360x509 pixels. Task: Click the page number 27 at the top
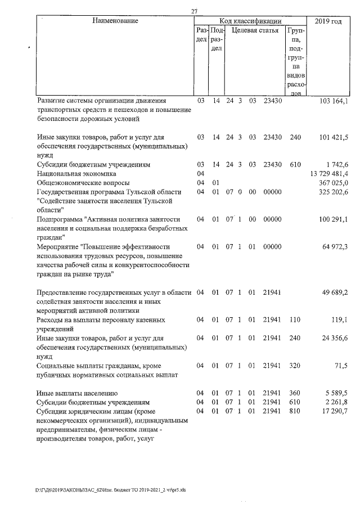(x=194, y=11)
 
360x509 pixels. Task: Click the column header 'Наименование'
(x=115, y=21)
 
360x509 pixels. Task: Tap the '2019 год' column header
(x=328, y=21)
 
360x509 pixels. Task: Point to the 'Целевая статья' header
(x=255, y=31)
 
